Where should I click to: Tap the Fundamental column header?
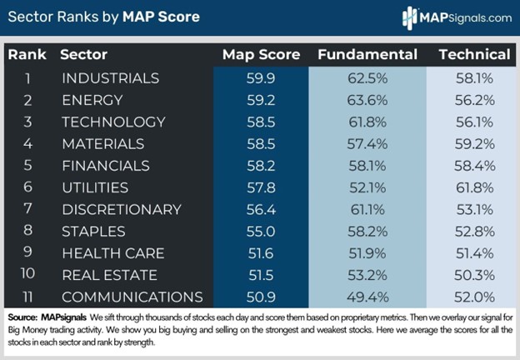pyautogui.click(x=367, y=55)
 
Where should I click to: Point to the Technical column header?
pyautogui.click(x=474, y=55)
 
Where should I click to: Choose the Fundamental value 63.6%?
pyautogui.click(x=367, y=100)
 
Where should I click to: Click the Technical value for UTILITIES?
pyautogui.click(x=474, y=187)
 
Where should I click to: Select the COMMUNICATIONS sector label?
pyautogui.click(x=132, y=297)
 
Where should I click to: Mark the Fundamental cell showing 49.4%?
pyautogui.click(x=367, y=297)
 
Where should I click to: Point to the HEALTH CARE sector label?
pyautogui.click(x=113, y=252)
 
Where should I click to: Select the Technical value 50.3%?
pyautogui.click(x=474, y=275)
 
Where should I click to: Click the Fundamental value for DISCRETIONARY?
pyautogui.click(x=367, y=209)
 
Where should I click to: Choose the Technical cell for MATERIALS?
pyautogui.click(x=474, y=143)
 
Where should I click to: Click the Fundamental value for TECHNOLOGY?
pyautogui.click(x=367, y=122)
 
